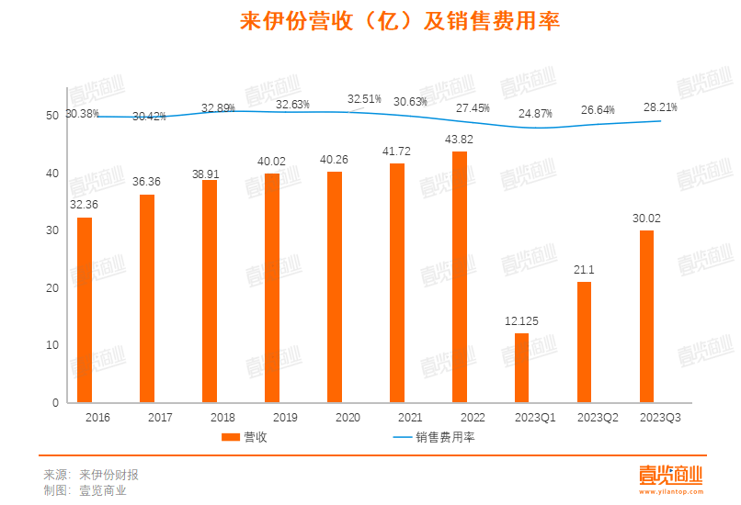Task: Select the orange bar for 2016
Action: (85, 309)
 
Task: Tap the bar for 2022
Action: (459, 276)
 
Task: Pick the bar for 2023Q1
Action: (521, 367)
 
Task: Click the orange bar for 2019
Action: (271, 287)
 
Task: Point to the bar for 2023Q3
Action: (646, 316)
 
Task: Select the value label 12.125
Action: (521, 320)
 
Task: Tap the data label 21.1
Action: (584, 269)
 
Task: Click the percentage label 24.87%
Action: (535, 114)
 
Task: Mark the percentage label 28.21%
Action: (660, 107)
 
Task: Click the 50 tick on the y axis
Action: (51, 117)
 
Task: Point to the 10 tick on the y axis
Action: (51, 345)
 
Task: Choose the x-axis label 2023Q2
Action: (597, 418)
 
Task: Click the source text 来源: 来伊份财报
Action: (91, 475)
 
